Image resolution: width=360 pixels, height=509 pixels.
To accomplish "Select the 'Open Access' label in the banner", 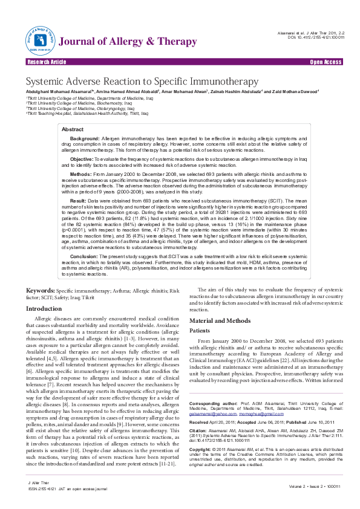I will pyautogui.click(x=326, y=62).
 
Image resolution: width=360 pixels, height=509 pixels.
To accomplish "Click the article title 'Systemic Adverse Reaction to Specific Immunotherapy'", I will pyautogui.click(x=142, y=82).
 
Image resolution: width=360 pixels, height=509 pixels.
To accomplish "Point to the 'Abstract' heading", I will pyautogui.click(x=73, y=129).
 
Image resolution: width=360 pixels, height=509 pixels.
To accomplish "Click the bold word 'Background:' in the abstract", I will pyautogui.click(x=85, y=138).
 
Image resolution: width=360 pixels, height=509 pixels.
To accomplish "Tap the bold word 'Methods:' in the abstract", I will pyautogui.click(x=81, y=173).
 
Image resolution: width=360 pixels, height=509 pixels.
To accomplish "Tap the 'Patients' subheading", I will pyautogui.click(x=200, y=331).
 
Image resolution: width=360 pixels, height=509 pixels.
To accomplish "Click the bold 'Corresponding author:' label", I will pyautogui.click(x=214, y=403).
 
